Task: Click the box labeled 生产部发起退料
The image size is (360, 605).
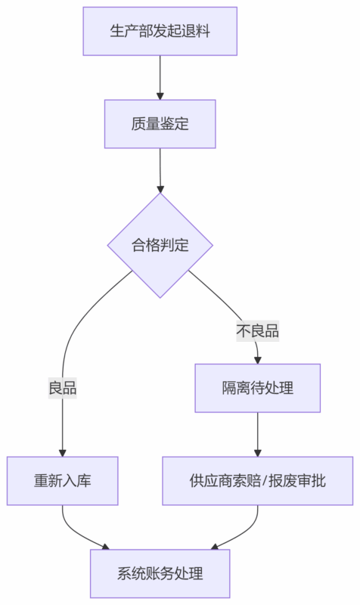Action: (160, 31)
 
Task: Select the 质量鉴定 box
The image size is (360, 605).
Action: (160, 124)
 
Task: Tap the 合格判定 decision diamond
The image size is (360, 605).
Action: (160, 246)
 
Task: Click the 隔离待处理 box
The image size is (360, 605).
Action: (257, 388)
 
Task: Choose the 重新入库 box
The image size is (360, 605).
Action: (63, 481)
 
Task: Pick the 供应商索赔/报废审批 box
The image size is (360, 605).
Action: (257, 481)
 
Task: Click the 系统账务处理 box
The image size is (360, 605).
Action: (160, 573)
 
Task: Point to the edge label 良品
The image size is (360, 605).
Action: (63, 389)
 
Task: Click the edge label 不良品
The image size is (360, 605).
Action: (257, 331)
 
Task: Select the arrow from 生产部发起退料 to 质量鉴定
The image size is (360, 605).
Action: (160, 76)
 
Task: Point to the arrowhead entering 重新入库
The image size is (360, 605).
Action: (63, 451)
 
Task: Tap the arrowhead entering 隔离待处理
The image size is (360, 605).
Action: (257, 359)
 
